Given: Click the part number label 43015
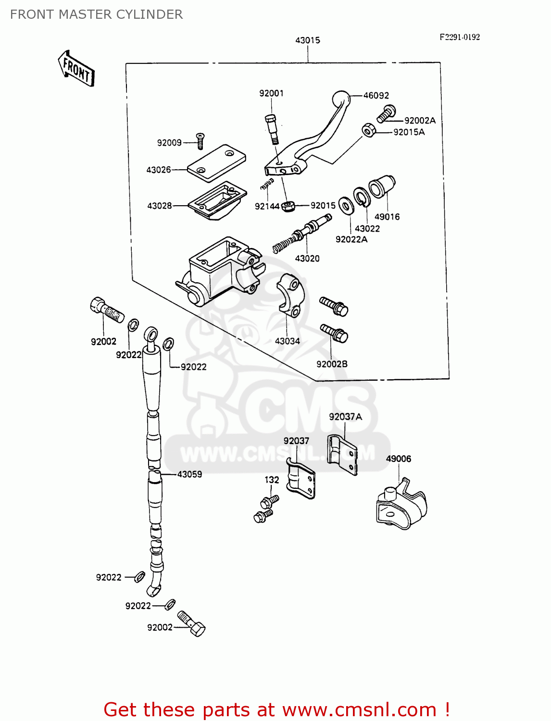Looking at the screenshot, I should pyautogui.click(x=307, y=40).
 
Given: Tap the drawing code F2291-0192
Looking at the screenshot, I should pyautogui.click(x=459, y=37).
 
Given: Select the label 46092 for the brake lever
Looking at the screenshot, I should pyautogui.click(x=376, y=96).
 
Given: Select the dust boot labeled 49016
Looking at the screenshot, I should pyautogui.click(x=382, y=186).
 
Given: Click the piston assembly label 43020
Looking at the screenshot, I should pyautogui.click(x=307, y=259).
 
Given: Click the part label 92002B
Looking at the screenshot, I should pyautogui.click(x=332, y=364).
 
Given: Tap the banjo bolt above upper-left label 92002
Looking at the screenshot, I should pyautogui.click(x=106, y=310).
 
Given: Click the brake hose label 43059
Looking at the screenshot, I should pyautogui.click(x=189, y=474).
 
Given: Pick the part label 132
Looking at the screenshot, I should pyautogui.click(x=272, y=480).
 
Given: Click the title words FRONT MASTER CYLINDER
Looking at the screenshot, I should pyautogui.click(x=96, y=14).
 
